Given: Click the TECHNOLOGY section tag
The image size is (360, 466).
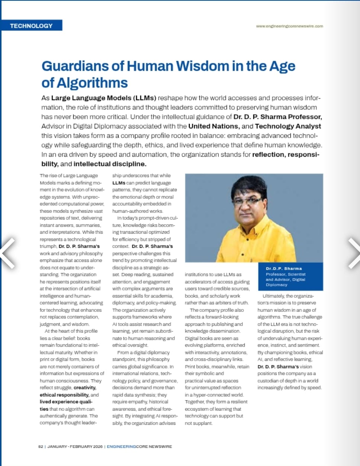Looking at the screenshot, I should (31, 26).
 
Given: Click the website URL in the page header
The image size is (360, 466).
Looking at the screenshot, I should (289, 26).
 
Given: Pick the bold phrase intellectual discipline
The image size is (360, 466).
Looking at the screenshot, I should (110, 164).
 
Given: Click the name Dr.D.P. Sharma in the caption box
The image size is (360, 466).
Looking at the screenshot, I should (283, 268).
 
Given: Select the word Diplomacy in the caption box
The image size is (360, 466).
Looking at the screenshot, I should (276, 285).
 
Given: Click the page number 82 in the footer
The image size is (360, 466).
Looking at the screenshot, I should (41, 446).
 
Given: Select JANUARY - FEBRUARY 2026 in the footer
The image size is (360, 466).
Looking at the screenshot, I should (75, 446).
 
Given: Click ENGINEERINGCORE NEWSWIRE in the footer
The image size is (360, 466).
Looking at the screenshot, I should (139, 446).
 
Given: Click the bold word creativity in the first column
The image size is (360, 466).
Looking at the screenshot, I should (85, 387).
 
